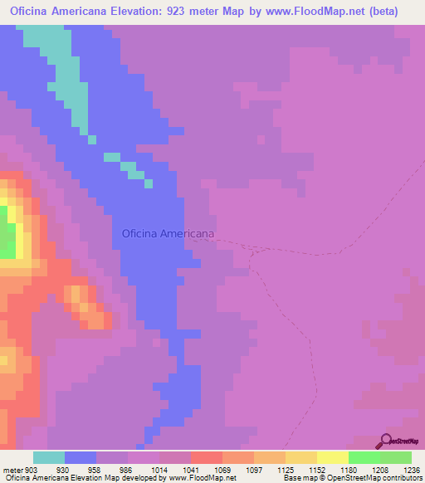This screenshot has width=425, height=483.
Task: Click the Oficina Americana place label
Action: tap(168, 234)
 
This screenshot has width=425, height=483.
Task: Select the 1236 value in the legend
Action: tap(413, 470)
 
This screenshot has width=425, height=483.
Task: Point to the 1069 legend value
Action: tap(222, 470)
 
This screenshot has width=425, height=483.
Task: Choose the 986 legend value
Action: tap(127, 470)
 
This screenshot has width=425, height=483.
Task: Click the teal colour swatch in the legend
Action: tap(49, 457)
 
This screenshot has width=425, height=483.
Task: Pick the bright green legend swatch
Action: tap(364, 457)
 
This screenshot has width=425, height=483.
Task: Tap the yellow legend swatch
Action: tap(333, 457)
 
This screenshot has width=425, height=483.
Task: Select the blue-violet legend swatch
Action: tap(81, 457)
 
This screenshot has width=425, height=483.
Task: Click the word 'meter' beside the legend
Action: tap(14, 470)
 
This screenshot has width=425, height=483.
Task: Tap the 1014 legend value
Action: tap(159, 470)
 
